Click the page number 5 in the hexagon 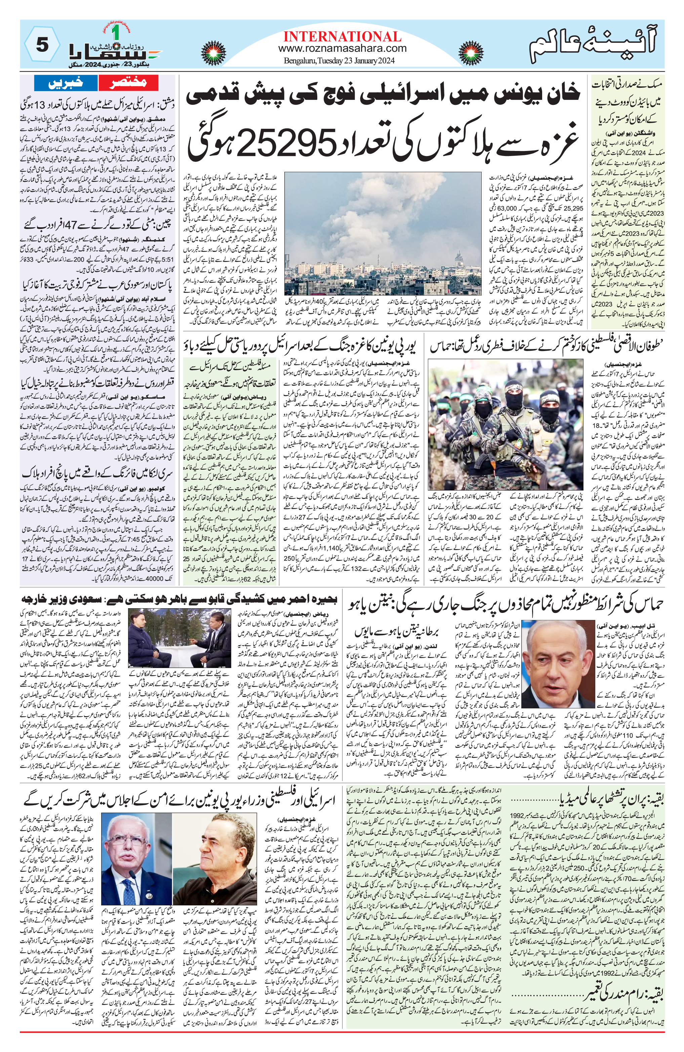pyautogui.click(x=42, y=45)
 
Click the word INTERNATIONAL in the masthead pyautogui.click(x=342, y=36)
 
